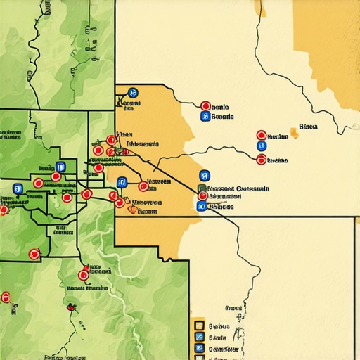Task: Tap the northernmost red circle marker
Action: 205,106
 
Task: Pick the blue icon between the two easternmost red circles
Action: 262,147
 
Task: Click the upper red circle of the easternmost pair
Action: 262,135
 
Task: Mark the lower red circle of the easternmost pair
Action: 262,160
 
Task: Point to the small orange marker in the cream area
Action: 294,132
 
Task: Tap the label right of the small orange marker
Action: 308,127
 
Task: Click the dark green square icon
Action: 202,188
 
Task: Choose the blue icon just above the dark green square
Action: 205,176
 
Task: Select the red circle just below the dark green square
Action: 202,197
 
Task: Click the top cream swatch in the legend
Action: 199,326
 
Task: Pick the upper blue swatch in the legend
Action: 199,337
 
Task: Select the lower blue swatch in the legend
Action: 199,348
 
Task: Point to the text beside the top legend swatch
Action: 219,326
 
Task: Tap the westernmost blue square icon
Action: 18,188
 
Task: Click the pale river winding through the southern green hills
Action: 120,295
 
